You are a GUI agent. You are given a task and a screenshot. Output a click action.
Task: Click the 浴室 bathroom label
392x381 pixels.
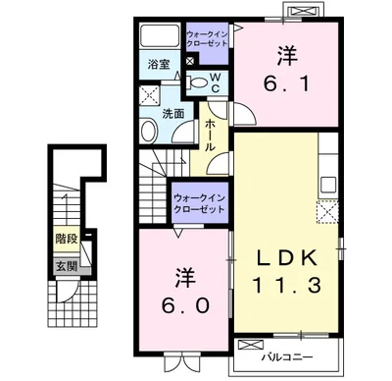coord(159,64)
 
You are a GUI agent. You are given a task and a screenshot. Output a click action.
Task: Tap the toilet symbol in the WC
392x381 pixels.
coord(196,82)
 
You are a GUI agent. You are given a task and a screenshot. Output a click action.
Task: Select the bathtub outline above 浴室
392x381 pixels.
coord(160,35)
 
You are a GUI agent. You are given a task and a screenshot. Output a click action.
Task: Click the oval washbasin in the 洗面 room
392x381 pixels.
coord(149,130)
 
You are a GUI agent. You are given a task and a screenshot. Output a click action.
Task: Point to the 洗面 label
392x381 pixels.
coord(173,114)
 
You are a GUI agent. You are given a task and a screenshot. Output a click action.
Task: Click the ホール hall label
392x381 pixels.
coord(210,135)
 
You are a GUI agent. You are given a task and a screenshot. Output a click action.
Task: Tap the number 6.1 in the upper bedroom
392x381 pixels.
coord(286,84)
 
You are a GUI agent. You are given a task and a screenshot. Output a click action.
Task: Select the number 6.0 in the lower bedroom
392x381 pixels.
coord(185,305)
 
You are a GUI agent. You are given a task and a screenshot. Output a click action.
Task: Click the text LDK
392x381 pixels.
coord(287,258)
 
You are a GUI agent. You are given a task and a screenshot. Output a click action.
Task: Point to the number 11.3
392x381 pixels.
coord(287,285)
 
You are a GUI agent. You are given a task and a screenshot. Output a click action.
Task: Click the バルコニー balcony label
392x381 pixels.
coord(287,356)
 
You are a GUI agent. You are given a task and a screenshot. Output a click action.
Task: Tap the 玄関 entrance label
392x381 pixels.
coord(68,267)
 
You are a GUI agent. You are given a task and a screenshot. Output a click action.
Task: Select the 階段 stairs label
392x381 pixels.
coord(67,239)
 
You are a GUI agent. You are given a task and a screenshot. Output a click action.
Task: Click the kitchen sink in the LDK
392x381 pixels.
coord(328,186)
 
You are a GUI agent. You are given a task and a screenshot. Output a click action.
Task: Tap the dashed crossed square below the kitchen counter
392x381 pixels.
coord(327,212)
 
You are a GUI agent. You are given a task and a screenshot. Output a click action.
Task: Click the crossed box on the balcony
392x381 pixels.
coord(251,345)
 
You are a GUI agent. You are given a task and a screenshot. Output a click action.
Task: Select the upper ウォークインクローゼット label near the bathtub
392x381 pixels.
coord(207,38)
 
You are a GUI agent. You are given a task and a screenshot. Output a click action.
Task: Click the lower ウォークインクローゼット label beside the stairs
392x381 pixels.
coord(200,203)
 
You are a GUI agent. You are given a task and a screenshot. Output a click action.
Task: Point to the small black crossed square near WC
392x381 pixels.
coord(190,61)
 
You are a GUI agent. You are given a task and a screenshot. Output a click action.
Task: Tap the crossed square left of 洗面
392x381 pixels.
coord(149,95)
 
